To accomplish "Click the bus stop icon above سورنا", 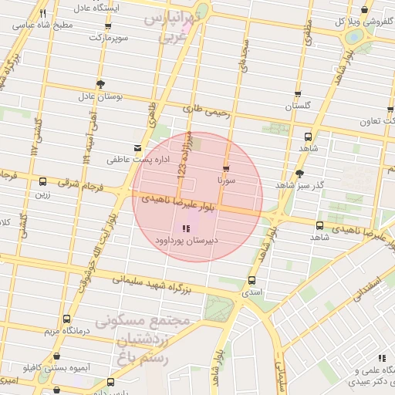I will [226, 168].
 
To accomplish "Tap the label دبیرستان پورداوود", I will [184, 241].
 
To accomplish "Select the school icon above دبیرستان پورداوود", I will [184, 228].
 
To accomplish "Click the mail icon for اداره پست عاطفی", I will [137, 147].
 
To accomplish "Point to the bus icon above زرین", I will [42, 182].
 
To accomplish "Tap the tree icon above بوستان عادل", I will [100, 84].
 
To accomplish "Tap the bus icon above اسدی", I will [252, 281].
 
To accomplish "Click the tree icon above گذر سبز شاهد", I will [299, 174].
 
